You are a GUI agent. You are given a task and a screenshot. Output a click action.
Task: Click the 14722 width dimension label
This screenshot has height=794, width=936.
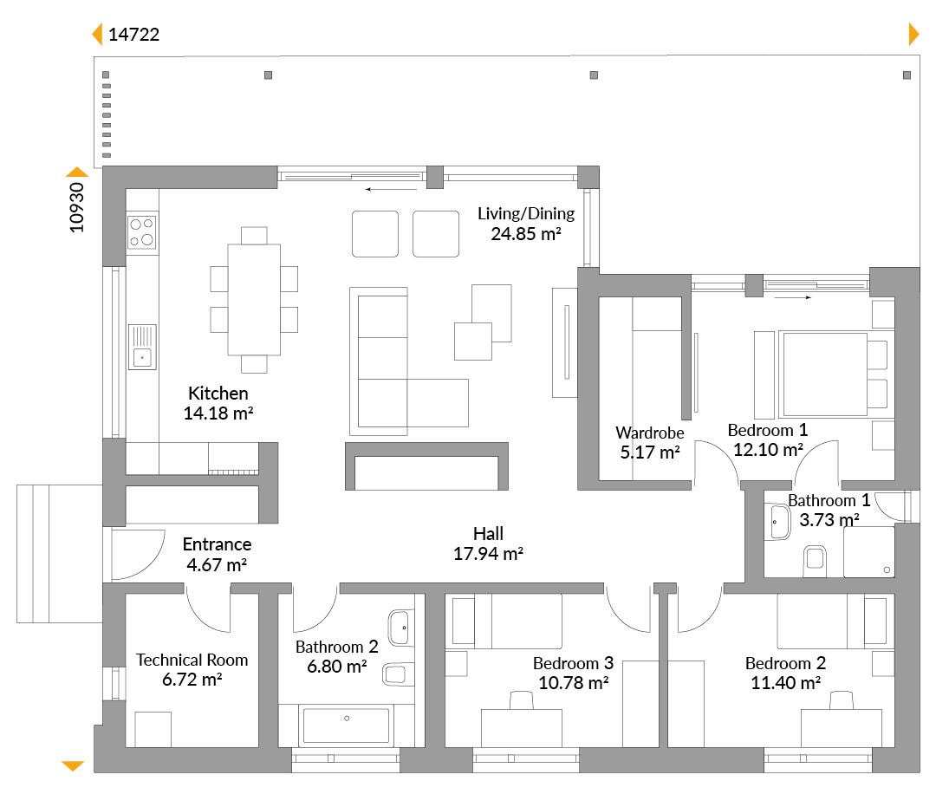coord(133,35)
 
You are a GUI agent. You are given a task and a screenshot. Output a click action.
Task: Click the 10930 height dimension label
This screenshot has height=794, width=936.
coord(77,207)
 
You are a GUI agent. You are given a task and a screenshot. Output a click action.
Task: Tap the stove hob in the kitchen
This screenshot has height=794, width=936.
coord(142,232)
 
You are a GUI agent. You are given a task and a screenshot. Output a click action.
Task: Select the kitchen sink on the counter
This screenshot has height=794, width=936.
coord(142,347)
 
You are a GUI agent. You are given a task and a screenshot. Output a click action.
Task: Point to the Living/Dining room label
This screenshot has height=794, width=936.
coord(526,224)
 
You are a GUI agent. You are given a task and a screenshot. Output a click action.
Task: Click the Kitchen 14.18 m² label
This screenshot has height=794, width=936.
coord(218,403)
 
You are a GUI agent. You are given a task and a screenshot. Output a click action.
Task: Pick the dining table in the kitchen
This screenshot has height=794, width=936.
coord(254,300)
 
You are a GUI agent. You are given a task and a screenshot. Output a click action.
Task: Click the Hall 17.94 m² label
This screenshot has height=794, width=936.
coord(488,543)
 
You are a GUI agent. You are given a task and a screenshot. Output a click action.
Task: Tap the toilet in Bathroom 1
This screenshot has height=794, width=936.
coord(815,560)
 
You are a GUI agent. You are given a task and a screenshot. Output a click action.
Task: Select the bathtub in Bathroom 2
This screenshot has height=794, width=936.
coord(346,725)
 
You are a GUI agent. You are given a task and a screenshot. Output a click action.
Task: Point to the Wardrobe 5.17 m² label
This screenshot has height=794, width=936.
coord(649,442)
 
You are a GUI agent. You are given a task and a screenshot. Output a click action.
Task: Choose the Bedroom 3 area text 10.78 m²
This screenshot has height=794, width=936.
coord(574,682)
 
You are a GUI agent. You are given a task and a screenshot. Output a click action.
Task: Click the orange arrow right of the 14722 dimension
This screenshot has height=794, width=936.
coord(914,34)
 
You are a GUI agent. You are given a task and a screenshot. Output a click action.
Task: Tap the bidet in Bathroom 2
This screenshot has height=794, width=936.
coord(396,674)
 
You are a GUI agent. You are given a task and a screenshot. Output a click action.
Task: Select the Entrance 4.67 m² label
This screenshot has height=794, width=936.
coord(217,554)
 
